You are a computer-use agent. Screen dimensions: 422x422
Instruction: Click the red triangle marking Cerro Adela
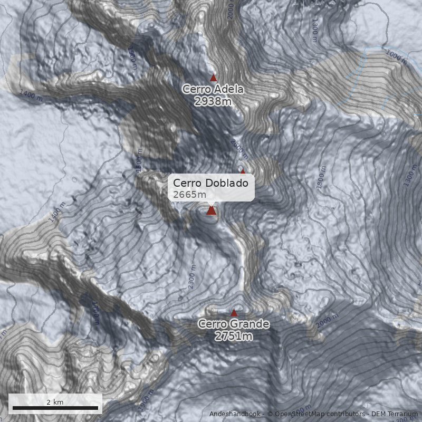(214, 78)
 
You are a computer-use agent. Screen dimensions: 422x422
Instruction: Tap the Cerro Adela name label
(213, 89)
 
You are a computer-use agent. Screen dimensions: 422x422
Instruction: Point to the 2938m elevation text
(213, 101)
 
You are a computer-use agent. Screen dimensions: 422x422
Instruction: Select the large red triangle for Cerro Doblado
(212, 210)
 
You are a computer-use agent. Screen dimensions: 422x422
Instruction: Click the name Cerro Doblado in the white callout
(210, 183)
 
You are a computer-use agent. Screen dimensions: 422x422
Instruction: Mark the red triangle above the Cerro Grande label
(234, 313)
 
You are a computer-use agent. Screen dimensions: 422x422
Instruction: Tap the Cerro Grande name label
(234, 324)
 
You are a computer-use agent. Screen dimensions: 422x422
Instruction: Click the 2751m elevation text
(234, 336)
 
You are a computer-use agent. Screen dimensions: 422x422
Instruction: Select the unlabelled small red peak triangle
(243, 171)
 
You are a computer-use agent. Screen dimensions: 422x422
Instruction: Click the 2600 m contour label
(239, 148)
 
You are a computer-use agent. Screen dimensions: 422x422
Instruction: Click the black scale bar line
(55, 408)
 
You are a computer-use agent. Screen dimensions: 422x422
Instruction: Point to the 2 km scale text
(55, 402)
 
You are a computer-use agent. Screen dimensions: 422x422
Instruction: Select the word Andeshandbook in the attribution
(235, 414)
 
